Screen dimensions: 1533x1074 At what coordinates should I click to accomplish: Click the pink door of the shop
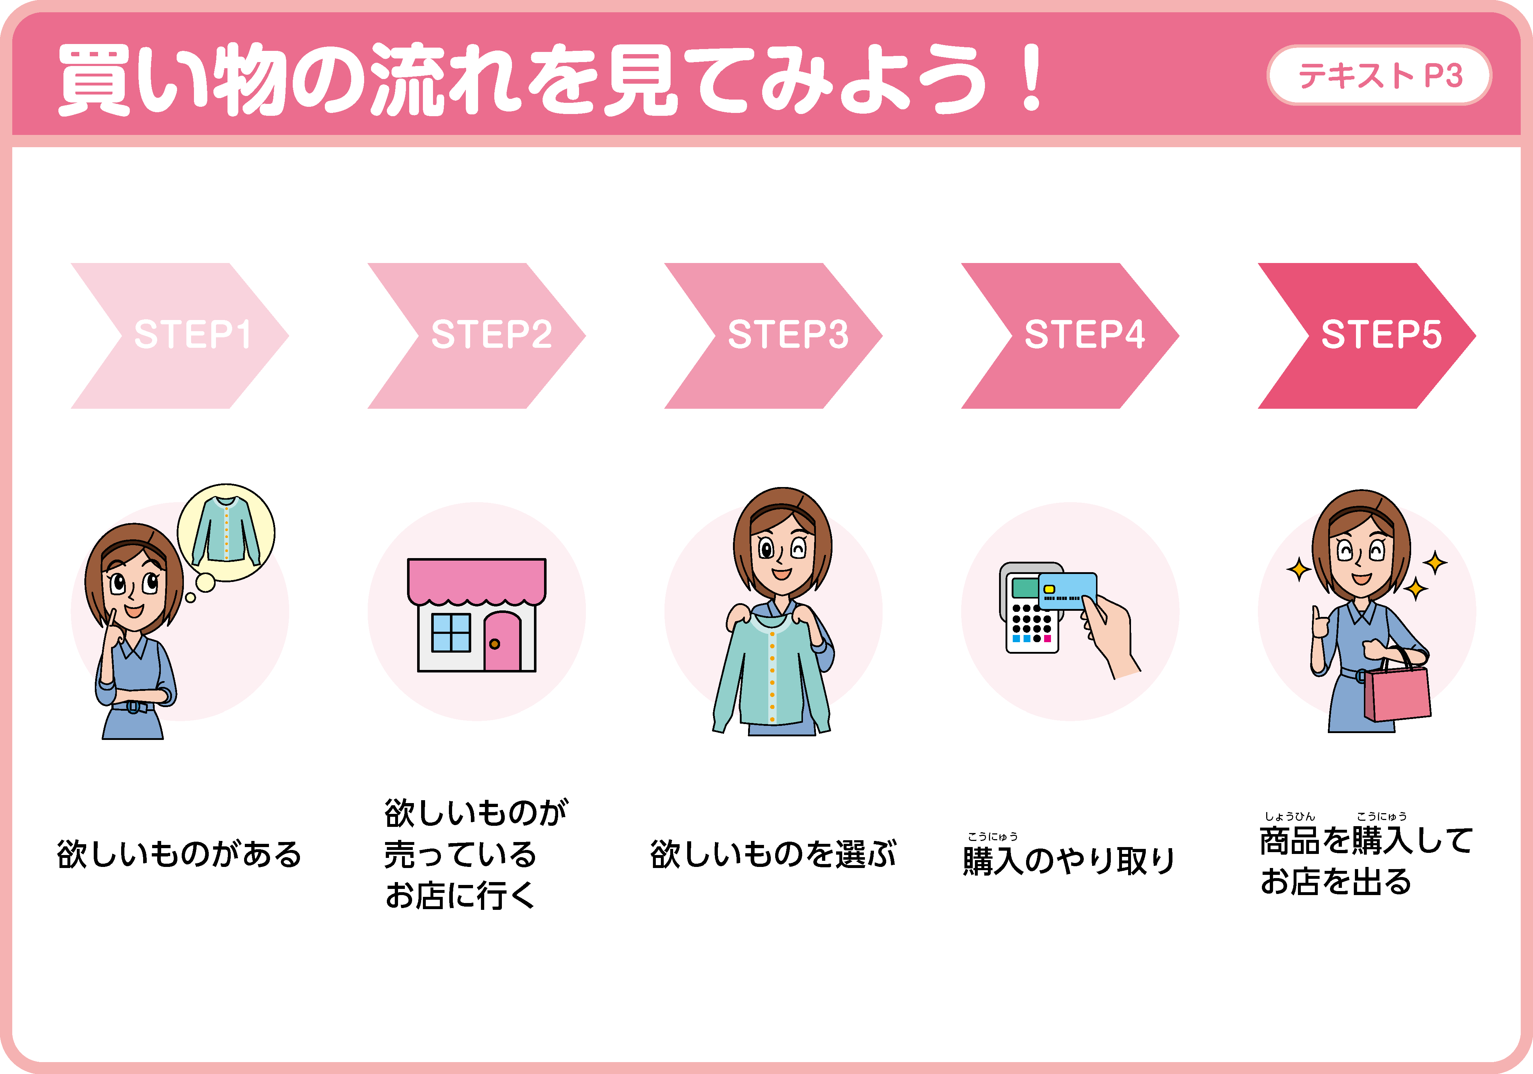point(502,641)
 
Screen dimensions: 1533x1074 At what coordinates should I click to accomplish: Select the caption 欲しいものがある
point(179,854)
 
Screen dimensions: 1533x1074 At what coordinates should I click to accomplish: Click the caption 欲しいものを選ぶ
point(773,854)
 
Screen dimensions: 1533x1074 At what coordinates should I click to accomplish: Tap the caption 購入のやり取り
point(1068,860)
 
